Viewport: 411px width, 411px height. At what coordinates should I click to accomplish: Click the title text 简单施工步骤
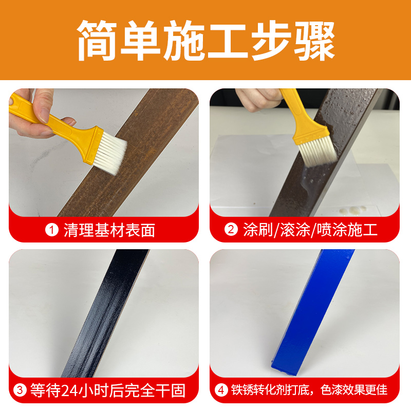(x=206, y=41)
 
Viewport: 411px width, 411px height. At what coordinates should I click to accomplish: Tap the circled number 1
(x=52, y=230)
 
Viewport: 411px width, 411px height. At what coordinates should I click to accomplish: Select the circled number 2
(x=231, y=230)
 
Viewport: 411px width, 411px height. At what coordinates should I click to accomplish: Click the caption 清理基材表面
(x=109, y=230)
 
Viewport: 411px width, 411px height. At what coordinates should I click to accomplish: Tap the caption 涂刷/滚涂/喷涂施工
(x=310, y=230)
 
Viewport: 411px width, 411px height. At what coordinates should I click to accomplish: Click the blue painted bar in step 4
(x=308, y=313)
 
